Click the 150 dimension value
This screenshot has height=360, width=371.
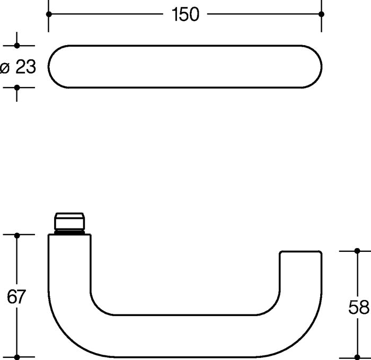pyautogui.click(x=185, y=14)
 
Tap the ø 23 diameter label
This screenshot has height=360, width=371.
pyautogui.click(x=18, y=67)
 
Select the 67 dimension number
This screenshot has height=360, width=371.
pyautogui.click(x=16, y=296)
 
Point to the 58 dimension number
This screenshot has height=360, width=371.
pyautogui.click(x=359, y=308)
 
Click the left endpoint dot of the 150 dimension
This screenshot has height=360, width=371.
pyautogui.click(x=49, y=14)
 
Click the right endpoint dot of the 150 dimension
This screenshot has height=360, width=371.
pyautogui.click(x=321, y=14)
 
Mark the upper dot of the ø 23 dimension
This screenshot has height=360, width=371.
pyautogui.click(x=17, y=46)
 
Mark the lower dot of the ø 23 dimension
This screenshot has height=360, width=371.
pyautogui.click(x=17, y=87)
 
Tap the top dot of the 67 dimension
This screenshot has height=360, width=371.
pyautogui.click(x=17, y=235)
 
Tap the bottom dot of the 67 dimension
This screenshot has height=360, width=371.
pyautogui.click(x=17, y=357)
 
